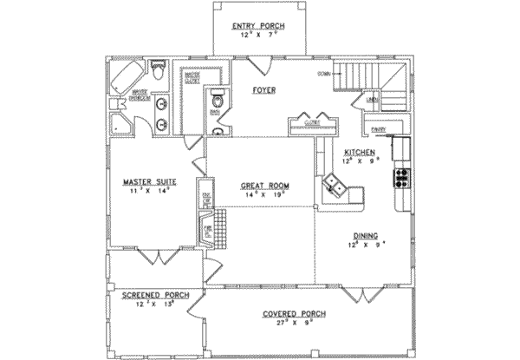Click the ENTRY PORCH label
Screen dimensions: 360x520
(x=256, y=27)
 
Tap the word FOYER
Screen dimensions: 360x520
(x=263, y=90)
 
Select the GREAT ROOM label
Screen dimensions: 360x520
(x=263, y=187)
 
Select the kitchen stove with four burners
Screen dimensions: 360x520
(x=402, y=178)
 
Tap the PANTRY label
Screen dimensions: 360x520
(x=378, y=129)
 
